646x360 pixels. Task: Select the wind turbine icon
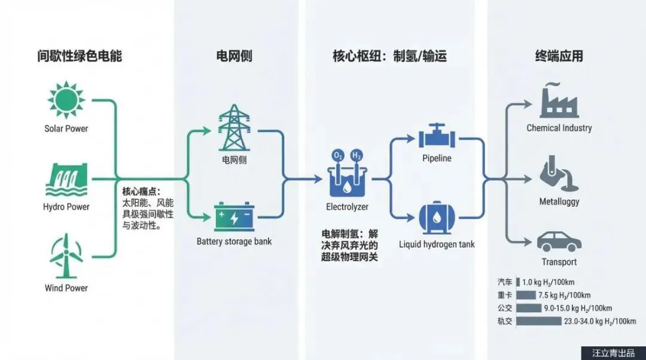[66, 258]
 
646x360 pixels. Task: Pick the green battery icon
[233, 216]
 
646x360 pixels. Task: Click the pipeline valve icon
[437, 137]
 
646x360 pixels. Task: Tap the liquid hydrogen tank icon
[437, 218]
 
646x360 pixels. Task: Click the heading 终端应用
[559, 57]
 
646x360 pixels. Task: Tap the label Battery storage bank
[234, 242]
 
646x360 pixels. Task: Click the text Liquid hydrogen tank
[437, 244]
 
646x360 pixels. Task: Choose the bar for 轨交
[537, 321]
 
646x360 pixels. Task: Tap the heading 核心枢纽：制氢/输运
[389, 57]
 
